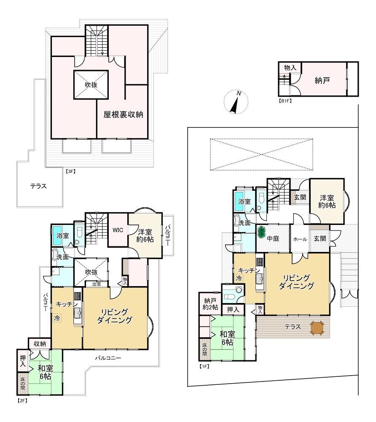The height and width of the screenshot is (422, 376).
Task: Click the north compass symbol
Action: tap(236, 102)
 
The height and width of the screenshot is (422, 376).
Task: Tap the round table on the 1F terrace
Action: tap(317, 328)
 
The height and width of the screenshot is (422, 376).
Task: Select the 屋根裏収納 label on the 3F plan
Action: tap(124, 115)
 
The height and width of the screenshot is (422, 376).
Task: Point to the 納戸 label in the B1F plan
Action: tap(322, 80)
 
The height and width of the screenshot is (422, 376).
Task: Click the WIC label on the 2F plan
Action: tap(118, 230)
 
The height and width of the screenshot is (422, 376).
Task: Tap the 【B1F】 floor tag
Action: tap(285, 101)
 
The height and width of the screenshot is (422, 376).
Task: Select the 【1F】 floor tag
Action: tap(204, 366)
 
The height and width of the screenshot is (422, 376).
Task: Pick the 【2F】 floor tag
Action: tap(23, 400)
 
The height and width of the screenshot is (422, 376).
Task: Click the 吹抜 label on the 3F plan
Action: tap(91, 85)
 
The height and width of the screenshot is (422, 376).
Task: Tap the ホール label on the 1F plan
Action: tap(300, 239)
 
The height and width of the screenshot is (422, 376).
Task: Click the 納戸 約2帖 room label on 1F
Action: tap(210, 304)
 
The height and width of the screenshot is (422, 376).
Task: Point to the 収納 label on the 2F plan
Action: tap(40, 344)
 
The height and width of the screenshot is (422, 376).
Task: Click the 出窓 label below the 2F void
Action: tap(97, 284)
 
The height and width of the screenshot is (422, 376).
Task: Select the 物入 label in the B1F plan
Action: tap(290, 68)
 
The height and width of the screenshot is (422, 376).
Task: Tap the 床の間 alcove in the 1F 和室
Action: tap(204, 349)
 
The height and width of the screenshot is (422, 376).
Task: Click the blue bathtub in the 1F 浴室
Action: tap(239, 201)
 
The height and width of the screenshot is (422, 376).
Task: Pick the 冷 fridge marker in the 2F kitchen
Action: tap(57, 318)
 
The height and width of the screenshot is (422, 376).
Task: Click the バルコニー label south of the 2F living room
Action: tap(108, 358)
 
